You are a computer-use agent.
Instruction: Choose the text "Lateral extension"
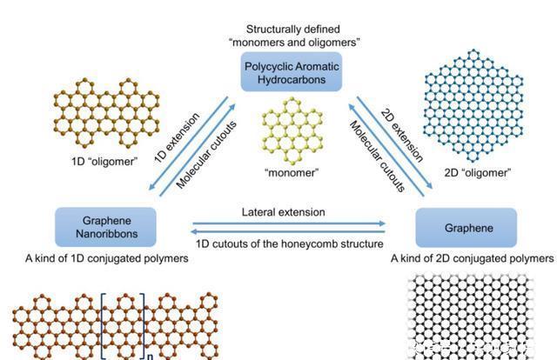point(284,212)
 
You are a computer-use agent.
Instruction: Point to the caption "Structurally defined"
point(291,30)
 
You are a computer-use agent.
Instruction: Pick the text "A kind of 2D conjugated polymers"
point(472,259)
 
